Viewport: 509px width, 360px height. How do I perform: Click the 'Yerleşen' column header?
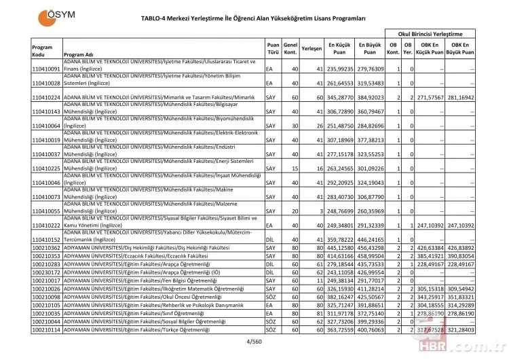click(x=312, y=49)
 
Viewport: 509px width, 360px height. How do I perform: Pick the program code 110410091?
click(x=46, y=69)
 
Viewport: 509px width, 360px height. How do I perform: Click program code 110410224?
click(x=46, y=98)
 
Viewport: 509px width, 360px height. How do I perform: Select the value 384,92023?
click(x=371, y=98)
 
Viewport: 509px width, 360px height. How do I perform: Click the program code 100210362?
click(x=46, y=249)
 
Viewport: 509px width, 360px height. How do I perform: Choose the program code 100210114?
click(x=46, y=329)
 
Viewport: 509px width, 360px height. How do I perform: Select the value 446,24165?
click(x=371, y=240)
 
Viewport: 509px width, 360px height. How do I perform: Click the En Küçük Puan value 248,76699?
click(x=341, y=211)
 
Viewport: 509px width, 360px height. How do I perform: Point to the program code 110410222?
click(x=46, y=225)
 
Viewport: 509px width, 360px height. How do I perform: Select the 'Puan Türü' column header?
click(x=273, y=49)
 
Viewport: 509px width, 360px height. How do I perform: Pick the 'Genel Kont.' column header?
click(x=290, y=49)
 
